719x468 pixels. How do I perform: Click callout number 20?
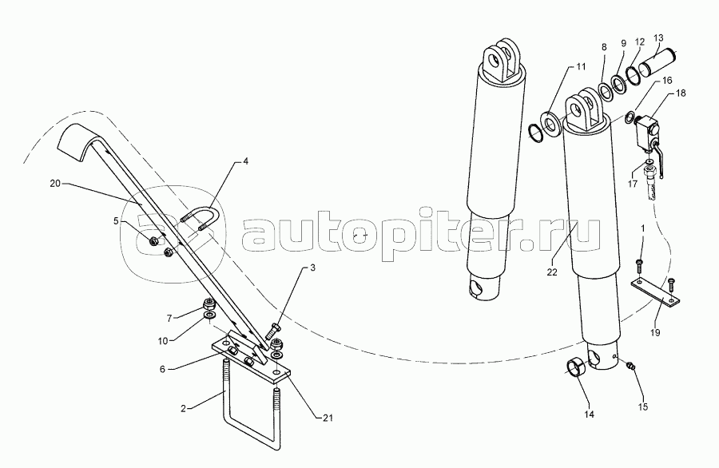click(x=55, y=183)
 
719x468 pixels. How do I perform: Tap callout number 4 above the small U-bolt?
click(x=246, y=161)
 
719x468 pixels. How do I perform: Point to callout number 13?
click(x=658, y=38)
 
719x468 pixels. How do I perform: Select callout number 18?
click(x=681, y=94)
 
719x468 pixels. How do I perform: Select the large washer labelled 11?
click(x=550, y=120)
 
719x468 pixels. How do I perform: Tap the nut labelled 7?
click(x=206, y=304)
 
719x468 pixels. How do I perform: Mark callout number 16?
click(x=667, y=81)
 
